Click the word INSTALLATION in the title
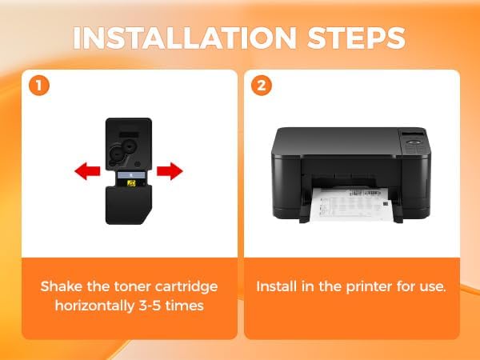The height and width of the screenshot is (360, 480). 185,38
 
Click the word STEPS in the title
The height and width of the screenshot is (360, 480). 357,38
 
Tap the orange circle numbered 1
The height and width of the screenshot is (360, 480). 39,86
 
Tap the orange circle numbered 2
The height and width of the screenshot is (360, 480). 261,86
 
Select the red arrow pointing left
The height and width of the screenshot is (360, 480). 87,171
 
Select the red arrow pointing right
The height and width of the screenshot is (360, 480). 170,171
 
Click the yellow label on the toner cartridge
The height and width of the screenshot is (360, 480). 131,182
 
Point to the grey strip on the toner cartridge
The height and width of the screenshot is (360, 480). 131,175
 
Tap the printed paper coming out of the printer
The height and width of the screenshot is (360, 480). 351,203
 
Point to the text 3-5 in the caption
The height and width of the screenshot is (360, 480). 150,306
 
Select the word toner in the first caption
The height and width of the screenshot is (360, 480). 132,287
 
